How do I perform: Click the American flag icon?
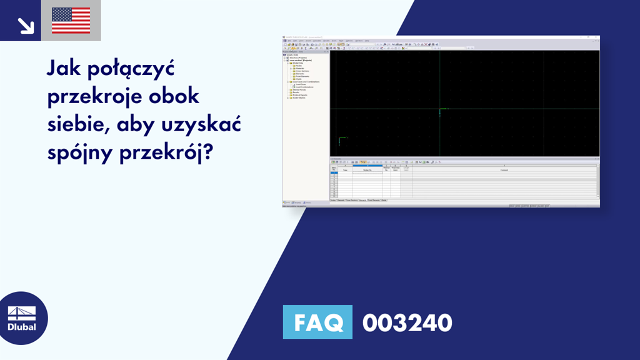71,20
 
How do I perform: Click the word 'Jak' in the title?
64,69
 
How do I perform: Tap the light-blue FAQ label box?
317,322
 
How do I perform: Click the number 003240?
407,322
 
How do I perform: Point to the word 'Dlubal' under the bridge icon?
21,327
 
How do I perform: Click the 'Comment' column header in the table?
504,169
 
